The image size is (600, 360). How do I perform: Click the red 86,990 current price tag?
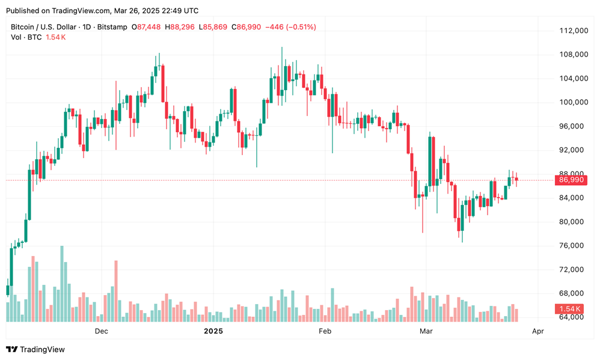[570, 180]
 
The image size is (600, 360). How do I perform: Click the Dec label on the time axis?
[101, 331]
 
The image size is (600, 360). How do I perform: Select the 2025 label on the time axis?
[213, 331]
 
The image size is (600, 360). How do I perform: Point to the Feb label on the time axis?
[325, 331]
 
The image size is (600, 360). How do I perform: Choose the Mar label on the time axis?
[426, 331]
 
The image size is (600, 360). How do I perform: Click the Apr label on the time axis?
[538, 331]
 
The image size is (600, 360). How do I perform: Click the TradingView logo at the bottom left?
[35, 349]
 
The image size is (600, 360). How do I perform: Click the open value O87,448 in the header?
[150, 27]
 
